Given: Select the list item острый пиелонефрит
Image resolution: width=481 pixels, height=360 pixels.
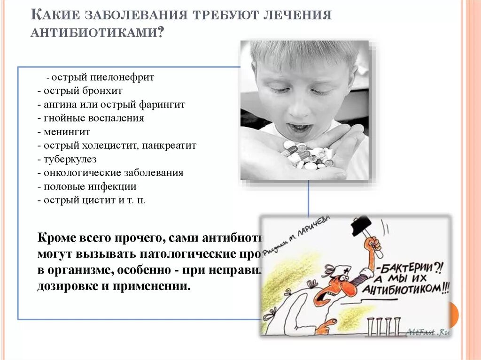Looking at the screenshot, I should pyautogui.click(x=103, y=77).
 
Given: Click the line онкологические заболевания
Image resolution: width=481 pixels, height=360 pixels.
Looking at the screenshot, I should pyautogui.click(x=113, y=173).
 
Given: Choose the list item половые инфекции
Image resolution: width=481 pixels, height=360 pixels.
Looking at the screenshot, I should pyautogui.click(x=90, y=186).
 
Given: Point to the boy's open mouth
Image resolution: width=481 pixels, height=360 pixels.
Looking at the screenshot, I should pyautogui.click(x=299, y=128).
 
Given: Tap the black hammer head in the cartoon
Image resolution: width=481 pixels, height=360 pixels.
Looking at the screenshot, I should pyautogui.click(x=361, y=226).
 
